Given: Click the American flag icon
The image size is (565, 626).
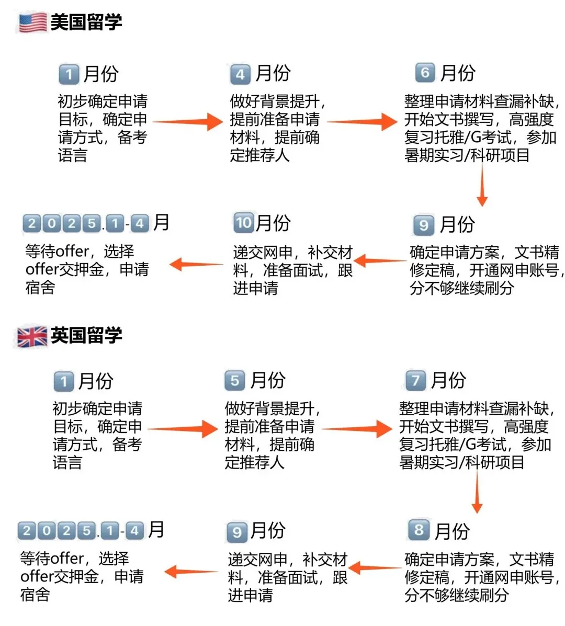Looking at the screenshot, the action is pos(33,22).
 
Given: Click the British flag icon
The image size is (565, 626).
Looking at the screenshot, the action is pos(32,337).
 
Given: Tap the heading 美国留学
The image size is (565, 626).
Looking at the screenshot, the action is pos(86,22).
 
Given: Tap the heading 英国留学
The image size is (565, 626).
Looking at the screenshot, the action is pos(86,335).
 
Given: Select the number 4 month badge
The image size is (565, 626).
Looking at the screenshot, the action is pos(240,74).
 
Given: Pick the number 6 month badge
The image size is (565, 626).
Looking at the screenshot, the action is pos(425,73).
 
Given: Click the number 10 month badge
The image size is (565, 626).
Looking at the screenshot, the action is pos(244,222).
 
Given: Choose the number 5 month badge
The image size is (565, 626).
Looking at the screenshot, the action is pos(235,381).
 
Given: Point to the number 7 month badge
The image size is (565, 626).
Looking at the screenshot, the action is pos(415,380).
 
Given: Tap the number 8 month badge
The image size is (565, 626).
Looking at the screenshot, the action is pos(419,530).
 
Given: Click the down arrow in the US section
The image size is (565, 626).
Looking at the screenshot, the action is pos(482,185).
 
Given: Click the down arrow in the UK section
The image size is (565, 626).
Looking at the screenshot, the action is pos(477,492).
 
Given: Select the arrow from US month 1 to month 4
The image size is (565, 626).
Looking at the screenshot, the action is pos(188,121).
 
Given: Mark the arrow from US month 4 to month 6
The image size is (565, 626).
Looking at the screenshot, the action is pos(362,121).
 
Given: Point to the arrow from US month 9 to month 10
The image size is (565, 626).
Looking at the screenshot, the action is pos(380,260).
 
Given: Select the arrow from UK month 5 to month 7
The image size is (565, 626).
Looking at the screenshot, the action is pos(357,429).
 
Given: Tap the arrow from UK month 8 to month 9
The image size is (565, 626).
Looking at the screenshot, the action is pos(375,568).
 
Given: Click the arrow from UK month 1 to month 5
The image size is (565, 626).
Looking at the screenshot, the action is pos(183,429).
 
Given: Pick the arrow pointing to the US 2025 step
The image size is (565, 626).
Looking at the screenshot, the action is pos(196,264).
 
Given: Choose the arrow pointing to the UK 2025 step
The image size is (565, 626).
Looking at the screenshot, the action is pos(191,572).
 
